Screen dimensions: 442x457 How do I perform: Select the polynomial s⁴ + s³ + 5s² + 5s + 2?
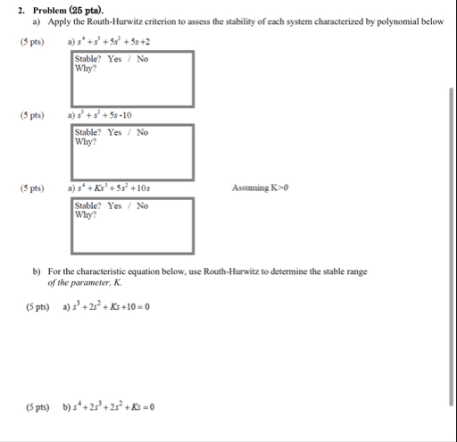(x=111, y=41)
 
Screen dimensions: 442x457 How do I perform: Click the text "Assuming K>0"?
(x=259, y=188)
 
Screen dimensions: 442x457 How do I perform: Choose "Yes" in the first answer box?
(x=114, y=60)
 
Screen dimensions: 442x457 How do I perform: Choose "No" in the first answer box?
(x=142, y=60)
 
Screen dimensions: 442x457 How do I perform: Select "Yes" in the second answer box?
(x=114, y=133)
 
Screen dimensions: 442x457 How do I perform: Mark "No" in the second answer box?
(x=142, y=133)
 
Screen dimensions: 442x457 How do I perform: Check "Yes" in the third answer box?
(x=114, y=206)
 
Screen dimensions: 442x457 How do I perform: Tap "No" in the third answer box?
(x=142, y=206)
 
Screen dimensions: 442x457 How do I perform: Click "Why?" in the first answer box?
(x=87, y=69)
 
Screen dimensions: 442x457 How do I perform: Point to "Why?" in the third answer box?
(x=87, y=215)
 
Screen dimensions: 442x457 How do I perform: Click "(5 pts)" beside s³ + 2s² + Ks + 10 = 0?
(x=37, y=307)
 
